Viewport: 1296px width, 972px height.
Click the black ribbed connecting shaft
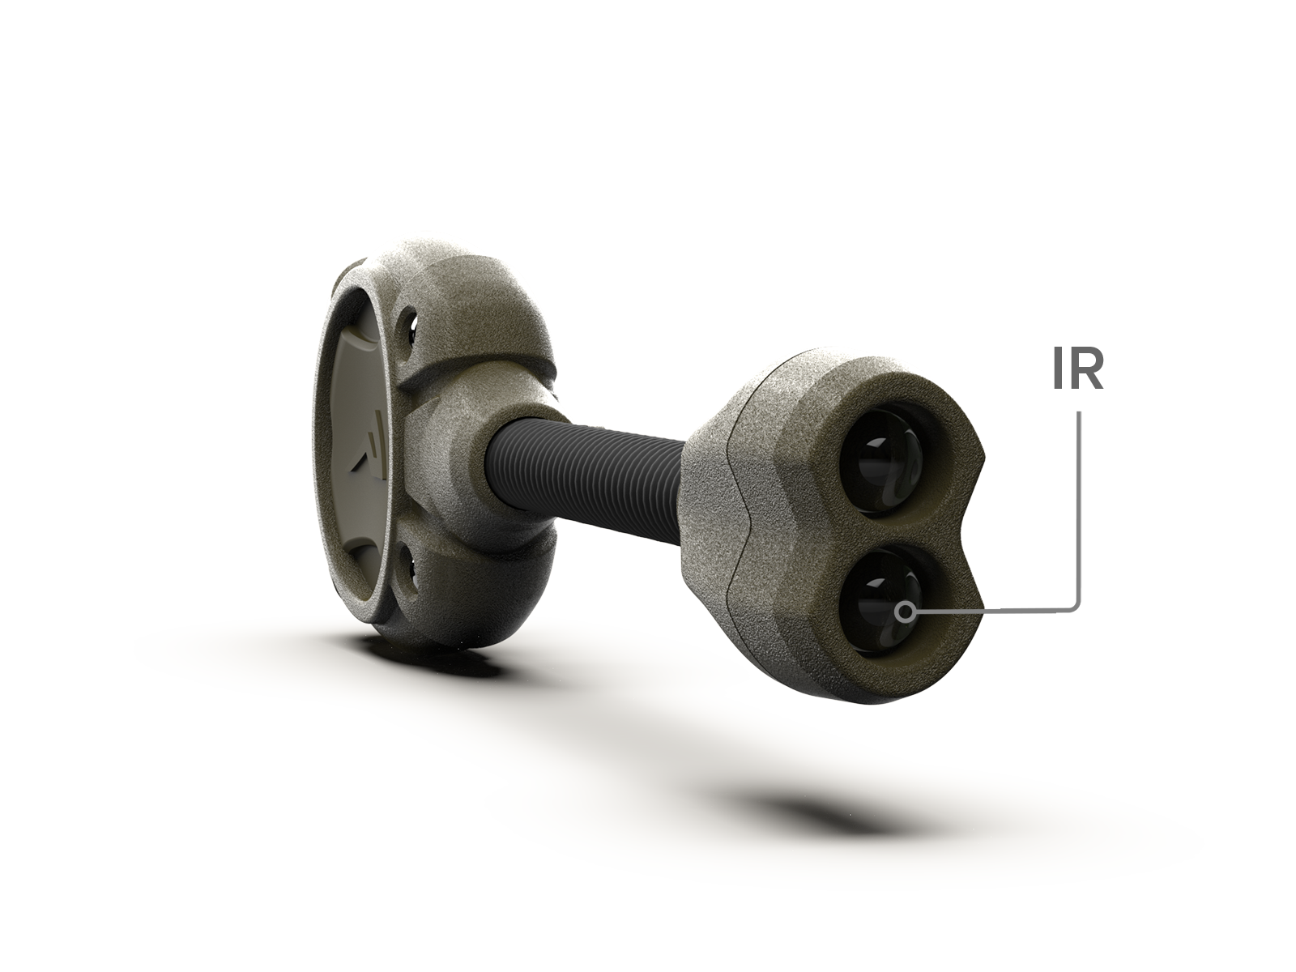pyautogui.click(x=585, y=478)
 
